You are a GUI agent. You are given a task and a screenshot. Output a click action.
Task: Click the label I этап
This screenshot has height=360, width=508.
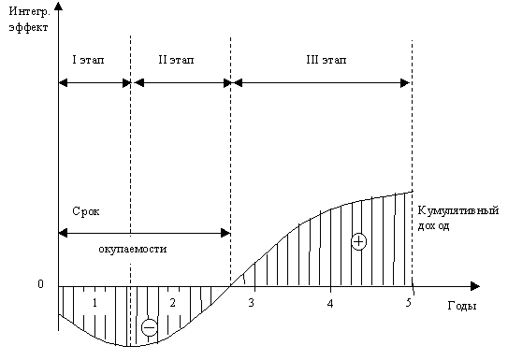coord(88,60)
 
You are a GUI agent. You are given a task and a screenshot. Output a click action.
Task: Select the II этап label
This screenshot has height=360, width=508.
coord(176,60)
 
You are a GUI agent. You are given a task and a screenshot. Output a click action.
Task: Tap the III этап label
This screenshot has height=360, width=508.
coord(327,60)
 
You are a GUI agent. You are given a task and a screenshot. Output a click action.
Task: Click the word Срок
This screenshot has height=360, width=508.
coord(85,211)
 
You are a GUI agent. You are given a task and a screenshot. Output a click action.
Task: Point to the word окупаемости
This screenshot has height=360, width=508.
coord(133,249)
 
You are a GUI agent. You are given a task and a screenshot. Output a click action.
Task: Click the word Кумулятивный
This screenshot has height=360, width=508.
coord(457,211)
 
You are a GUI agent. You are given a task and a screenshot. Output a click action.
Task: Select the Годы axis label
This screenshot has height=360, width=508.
coord(462,306)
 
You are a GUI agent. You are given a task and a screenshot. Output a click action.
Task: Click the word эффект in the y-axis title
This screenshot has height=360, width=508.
coord(28,27)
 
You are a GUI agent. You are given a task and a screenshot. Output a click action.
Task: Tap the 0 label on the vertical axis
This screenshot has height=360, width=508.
coord(40,284)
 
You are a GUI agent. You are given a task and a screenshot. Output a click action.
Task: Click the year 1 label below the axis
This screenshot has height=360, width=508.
coord(94,303)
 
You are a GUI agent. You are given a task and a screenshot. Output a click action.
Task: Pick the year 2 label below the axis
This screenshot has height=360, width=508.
coord(173,303)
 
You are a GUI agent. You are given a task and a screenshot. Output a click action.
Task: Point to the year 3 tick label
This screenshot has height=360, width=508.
coord(251,303)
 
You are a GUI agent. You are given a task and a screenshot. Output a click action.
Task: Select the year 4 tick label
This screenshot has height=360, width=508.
coord(330,303)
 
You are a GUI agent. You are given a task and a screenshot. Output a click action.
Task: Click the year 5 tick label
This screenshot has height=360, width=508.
coord(408,303)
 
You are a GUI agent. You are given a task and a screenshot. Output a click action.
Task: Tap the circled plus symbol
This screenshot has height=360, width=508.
coord(358,241)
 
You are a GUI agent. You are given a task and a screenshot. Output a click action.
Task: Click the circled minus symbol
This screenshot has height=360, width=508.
coord(150,328)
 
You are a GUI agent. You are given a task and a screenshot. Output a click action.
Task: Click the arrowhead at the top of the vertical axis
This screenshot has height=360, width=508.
coord(58,7)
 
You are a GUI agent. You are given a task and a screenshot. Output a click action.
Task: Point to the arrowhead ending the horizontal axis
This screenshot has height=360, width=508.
coord(475,286)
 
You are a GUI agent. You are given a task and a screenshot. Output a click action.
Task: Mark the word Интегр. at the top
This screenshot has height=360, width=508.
coord(29,12)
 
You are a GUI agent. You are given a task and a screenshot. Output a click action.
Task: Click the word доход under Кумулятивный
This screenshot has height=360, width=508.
coord(433,226)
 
